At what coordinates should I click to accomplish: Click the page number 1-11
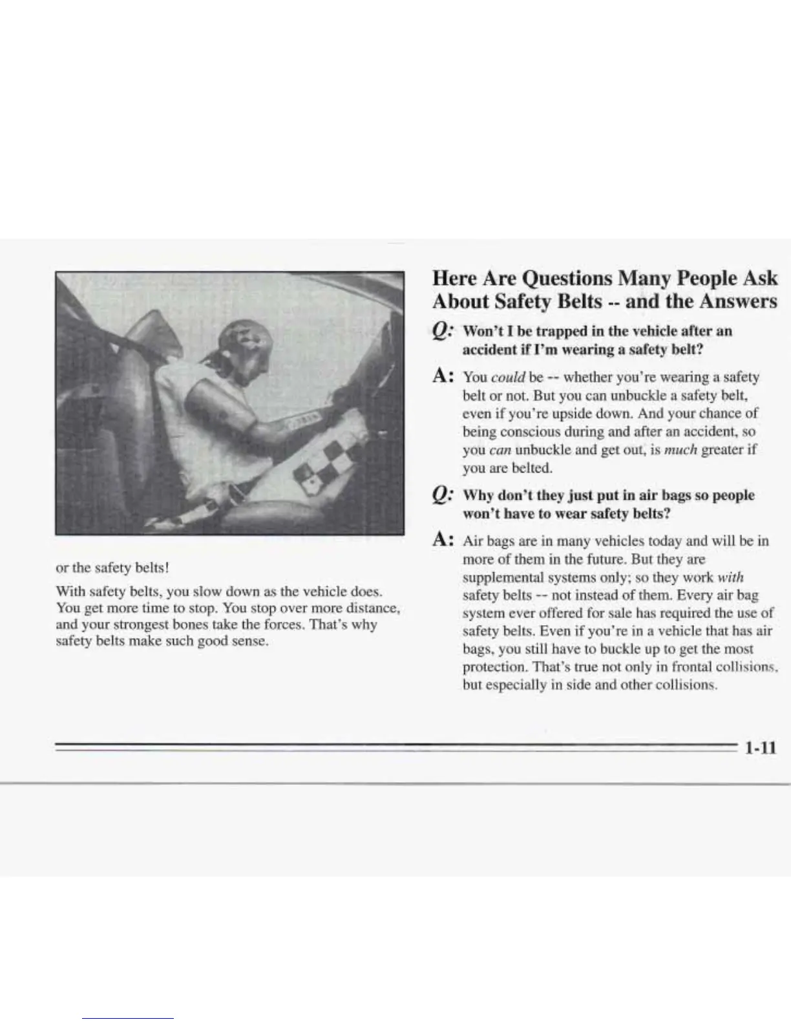(759, 748)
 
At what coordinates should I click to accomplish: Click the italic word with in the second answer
(731, 577)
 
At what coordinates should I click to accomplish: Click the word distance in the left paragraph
(374, 608)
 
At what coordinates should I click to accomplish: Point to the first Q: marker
(443, 332)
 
